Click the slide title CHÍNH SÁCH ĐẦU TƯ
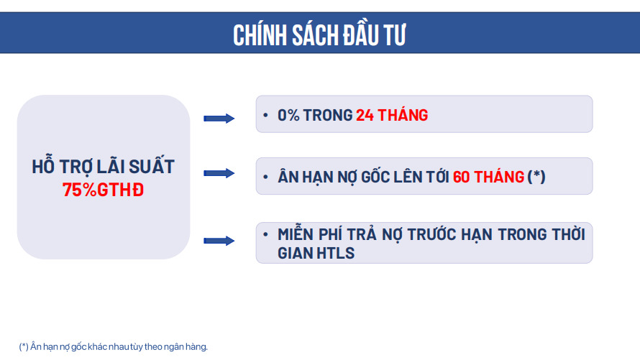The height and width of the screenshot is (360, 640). click(319, 34)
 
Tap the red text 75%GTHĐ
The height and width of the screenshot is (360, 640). click(104, 190)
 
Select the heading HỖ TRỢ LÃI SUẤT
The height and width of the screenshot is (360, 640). click(104, 166)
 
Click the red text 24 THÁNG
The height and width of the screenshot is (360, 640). click(392, 115)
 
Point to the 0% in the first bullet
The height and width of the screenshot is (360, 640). click(288, 116)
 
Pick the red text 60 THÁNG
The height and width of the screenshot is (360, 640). click(488, 177)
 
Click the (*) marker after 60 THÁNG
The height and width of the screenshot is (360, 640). click(536, 177)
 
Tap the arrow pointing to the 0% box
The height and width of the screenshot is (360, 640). click(219, 119)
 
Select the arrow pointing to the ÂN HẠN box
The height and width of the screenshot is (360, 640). click(219, 173)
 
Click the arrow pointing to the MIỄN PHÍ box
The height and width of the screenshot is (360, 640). click(219, 241)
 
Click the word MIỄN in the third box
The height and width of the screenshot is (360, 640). click(296, 234)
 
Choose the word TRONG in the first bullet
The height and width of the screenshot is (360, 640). click(328, 116)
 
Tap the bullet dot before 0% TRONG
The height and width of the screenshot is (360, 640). click(266, 116)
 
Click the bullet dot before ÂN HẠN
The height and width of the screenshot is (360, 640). click(266, 177)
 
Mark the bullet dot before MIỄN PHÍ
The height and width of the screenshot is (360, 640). click(266, 234)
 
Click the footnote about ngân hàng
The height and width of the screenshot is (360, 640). click(114, 346)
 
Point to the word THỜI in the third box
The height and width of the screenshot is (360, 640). click(569, 234)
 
